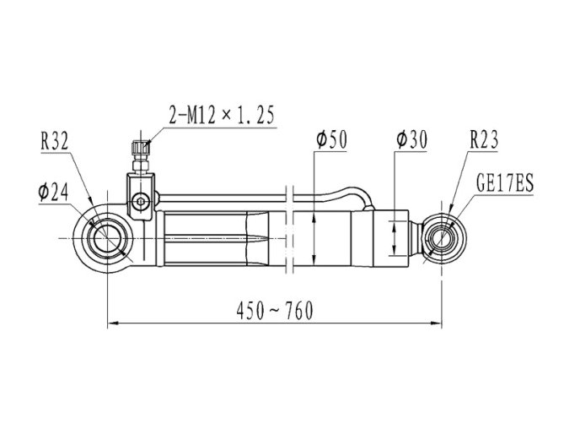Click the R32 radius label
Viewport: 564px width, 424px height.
(x=54, y=141)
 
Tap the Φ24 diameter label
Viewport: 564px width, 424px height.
(x=53, y=193)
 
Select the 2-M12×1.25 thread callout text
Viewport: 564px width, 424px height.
(x=222, y=115)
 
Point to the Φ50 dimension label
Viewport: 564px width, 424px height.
(x=331, y=139)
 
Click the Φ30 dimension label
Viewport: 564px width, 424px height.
(x=411, y=139)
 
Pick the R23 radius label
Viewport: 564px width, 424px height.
(x=484, y=139)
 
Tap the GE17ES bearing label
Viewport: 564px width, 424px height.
(x=505, y=183)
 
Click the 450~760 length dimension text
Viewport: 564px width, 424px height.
(x=275, y=311)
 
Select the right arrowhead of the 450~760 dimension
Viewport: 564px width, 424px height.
(x=437, y=323)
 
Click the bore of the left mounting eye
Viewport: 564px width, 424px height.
(x=108, y=238)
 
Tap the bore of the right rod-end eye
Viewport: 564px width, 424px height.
(x=442, y=238)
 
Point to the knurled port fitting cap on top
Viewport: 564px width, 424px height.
(x=141, y=147)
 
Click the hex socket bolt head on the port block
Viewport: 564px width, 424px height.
(x=139, y=202)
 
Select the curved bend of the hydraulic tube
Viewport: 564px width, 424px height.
(x=361, y=196)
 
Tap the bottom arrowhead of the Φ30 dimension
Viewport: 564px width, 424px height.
(x=395, y=250)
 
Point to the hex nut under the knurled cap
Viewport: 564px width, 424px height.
(x=141, y=166)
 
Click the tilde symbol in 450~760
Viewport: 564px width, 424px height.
(x=275, y=310)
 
